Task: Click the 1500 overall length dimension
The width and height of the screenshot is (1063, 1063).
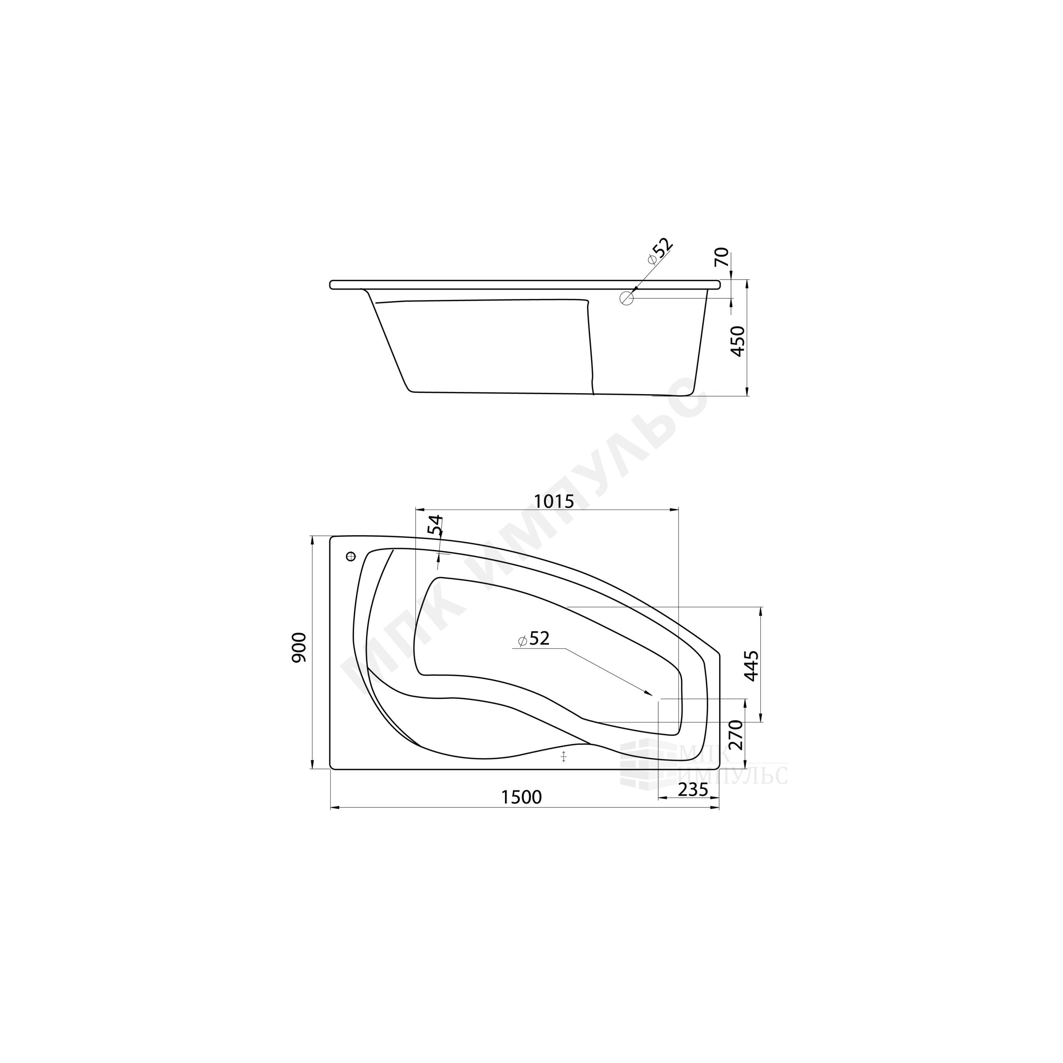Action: (522, 797)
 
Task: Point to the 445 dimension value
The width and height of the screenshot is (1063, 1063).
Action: (752, 666)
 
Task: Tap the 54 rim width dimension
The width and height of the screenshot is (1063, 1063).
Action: (435, 525)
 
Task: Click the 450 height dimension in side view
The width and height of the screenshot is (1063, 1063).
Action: (737, 341)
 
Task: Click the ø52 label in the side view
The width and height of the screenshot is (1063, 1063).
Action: (660, 251)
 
